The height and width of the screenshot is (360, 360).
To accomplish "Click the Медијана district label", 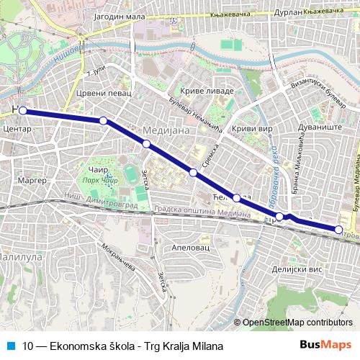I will tap(167, 130).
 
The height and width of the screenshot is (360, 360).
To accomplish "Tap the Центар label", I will tap(16, 130).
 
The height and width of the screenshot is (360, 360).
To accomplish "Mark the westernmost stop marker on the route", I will tap(23, 111).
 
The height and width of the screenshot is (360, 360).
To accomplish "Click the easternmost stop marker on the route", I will tap(338, 229).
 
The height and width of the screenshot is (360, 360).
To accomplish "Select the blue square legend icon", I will tap(11, 346).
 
